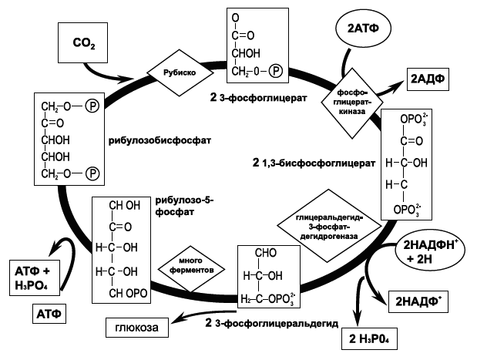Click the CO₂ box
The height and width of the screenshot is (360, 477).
[x=82, y=42]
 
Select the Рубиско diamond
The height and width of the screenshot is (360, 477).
[x=180, y=73]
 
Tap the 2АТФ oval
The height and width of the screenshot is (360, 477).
[x=363, y=29]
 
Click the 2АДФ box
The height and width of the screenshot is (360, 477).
[x=428, y=79]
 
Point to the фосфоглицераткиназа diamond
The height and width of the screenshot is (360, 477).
[x=352, y=103]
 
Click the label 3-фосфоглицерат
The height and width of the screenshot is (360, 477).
[x=263, y=98]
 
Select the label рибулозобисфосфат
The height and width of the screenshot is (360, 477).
[x=160, y=140]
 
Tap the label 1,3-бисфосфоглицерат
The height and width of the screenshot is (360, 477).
[x=318, y=163]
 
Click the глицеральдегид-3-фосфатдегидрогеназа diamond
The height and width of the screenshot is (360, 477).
[x=329, y=226]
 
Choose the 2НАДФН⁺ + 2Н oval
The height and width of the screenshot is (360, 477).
[x=430, y=251]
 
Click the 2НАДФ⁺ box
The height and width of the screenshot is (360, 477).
[x=418, y=301]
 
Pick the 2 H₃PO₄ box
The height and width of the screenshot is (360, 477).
[x=370, y=338]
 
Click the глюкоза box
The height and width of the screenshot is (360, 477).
[x=137, y=328]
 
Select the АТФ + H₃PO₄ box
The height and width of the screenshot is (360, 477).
[x=35, y=278]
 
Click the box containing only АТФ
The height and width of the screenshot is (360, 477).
[x=49, y=314]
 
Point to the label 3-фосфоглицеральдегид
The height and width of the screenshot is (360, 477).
[x=277, y=324]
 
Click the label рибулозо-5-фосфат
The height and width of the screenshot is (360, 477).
[x=185, y=206]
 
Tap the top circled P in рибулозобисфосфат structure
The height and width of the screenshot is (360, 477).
[x=92, y=106]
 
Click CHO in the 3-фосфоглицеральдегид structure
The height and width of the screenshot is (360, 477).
[x=266, y=253]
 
